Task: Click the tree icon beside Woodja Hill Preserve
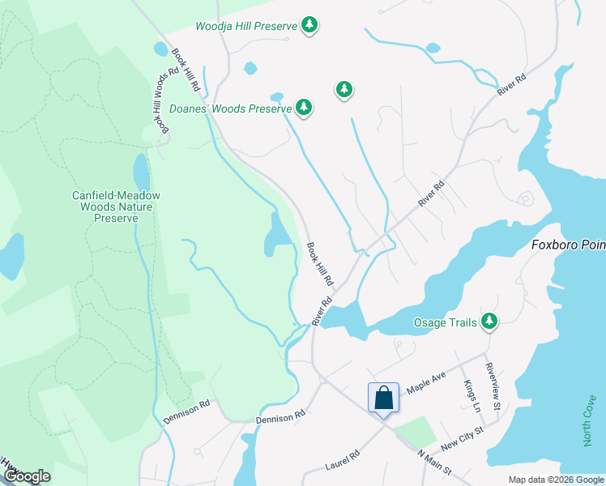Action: pyautogui.click(x=309, y=26)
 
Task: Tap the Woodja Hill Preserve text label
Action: pyautogui.click(x=246, y=26)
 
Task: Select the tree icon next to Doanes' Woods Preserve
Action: pyautogui.click(x=304, y=107)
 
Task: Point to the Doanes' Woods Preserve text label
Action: pyautogui.click(x=230, y=108)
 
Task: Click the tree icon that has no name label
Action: pyautogui.click(x=344, y=88)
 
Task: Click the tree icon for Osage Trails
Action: pyautogui.click(x=489, y=322)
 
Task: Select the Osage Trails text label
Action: pyautogui.click(x=443, y=322)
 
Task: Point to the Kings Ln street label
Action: pyautogui.click(x=470, y=394)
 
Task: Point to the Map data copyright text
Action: pyautogui.click(x=555, y=480)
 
